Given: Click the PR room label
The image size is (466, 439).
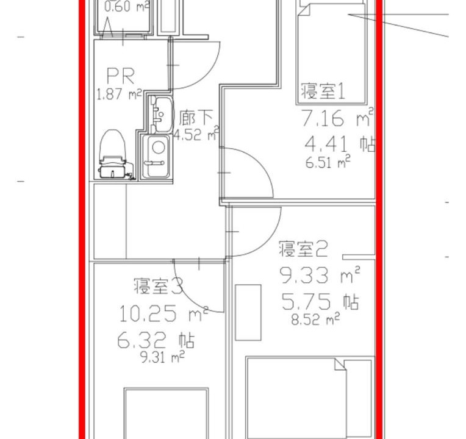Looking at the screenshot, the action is point(121,76).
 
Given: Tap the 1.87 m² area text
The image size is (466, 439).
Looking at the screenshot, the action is point(119,94).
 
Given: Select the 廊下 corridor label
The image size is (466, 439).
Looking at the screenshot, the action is point(196,118).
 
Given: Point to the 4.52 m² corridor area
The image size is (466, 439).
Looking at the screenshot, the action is point(196,135).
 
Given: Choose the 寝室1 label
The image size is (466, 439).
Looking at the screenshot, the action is point(323,91).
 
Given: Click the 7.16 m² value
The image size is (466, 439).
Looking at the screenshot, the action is point(338,118).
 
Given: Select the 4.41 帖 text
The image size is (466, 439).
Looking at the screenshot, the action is point(339,144).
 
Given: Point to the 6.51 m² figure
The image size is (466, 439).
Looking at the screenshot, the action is point(328,162).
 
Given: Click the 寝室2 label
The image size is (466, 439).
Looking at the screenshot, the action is point(303,249).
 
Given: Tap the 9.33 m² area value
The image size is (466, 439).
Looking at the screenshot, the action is point(320,275).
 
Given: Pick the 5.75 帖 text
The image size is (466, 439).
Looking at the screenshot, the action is point(320,301).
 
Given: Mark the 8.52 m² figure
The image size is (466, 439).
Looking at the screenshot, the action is point(315,319).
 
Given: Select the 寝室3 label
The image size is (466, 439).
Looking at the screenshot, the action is point(159,286).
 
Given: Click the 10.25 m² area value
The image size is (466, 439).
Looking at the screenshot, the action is point(163,314).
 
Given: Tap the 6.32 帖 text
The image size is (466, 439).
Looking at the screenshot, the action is point(156,340).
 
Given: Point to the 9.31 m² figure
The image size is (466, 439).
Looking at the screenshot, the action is point(162,357).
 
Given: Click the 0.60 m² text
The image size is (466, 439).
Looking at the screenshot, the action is point(127,7).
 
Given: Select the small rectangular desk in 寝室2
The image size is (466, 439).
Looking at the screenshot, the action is point(248,312).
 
